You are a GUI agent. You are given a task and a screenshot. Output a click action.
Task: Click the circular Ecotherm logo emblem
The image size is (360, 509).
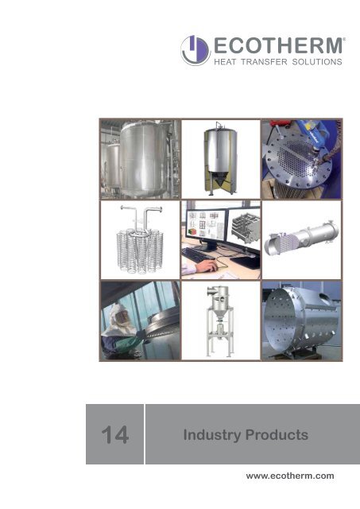point(195,50)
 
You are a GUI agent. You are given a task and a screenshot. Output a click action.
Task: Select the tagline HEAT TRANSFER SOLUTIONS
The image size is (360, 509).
point(277,60)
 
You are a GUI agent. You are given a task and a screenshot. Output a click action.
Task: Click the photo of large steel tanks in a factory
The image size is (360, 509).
point(139,158)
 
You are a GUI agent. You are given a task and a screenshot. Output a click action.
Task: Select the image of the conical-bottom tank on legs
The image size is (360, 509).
point(220,158)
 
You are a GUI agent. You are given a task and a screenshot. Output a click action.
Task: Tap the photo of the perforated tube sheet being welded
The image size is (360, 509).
point(302,158)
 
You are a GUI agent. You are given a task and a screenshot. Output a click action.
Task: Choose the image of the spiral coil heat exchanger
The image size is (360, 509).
point(139,239)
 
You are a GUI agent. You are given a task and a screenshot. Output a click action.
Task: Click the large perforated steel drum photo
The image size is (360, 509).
point(302,320)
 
